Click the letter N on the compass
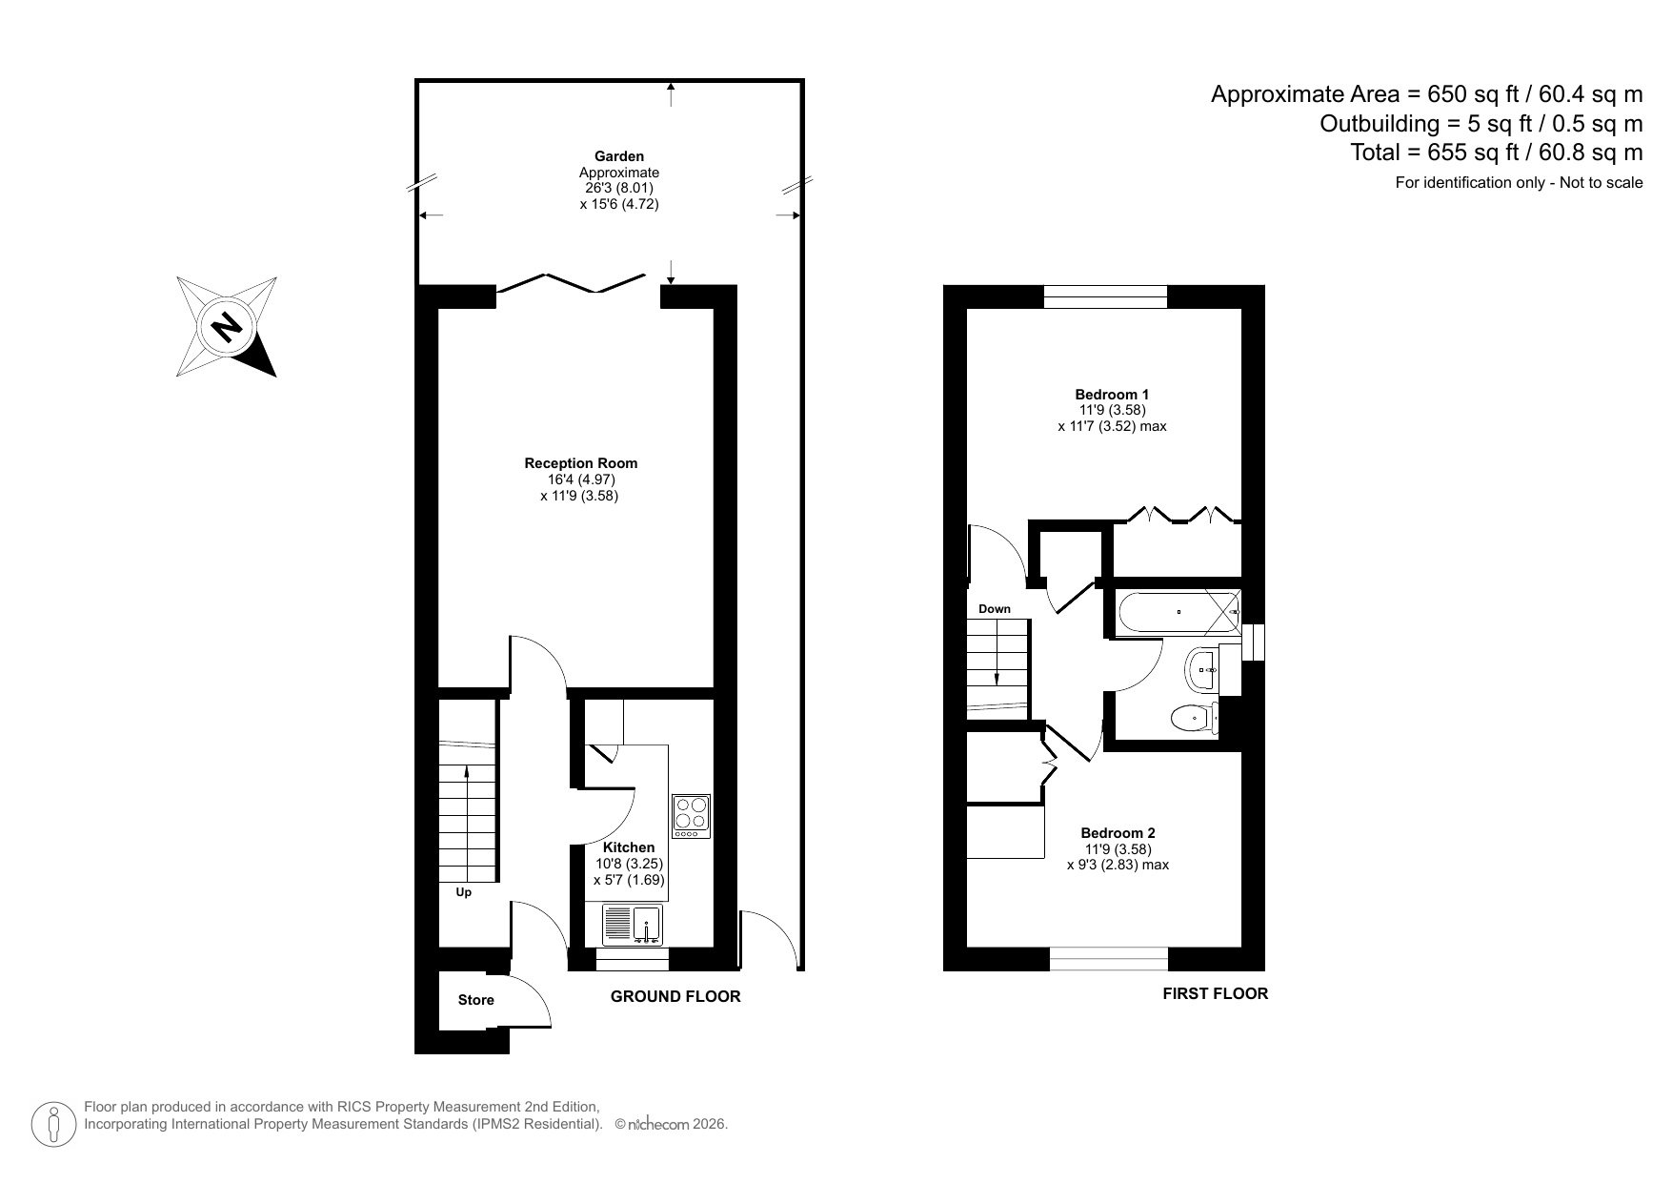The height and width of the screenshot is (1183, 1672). click(227, 328)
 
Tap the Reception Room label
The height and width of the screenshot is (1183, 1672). click(580, 463)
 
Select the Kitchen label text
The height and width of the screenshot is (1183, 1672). click(629, 847)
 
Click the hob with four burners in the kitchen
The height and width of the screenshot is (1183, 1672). click(691, 816)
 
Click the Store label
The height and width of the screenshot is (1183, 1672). click(475, 1000)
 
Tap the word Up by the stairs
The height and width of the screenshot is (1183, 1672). click(464, 893)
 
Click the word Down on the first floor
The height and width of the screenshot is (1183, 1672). click(994, 609)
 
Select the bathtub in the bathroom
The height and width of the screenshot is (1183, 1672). click(1178, 612)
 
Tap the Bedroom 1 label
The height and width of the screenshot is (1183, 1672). click(1112, 395)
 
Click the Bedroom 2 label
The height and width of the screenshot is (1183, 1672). click(1118, 833)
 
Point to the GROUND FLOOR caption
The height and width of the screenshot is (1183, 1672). click(675, 997)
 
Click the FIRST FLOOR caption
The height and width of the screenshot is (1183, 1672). click(1215, 994)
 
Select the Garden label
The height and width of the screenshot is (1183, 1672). click(619, 156)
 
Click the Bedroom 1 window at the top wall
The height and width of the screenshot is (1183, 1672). click(1105, 296)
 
